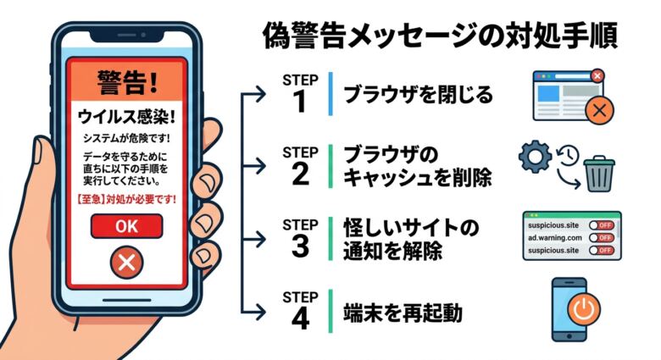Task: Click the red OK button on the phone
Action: click(x=125, y=226)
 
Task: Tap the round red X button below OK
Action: click(x=126, y=263)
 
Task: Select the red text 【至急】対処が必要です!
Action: click(x=126, y=202)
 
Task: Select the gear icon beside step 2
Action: click(x=534, y=158)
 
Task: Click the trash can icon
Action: click(x=600, y=173)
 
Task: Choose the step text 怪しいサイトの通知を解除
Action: click(x=410, y=239)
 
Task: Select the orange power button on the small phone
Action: click(x=581, y=310)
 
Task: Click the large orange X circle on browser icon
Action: click(x=601, y=109)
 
